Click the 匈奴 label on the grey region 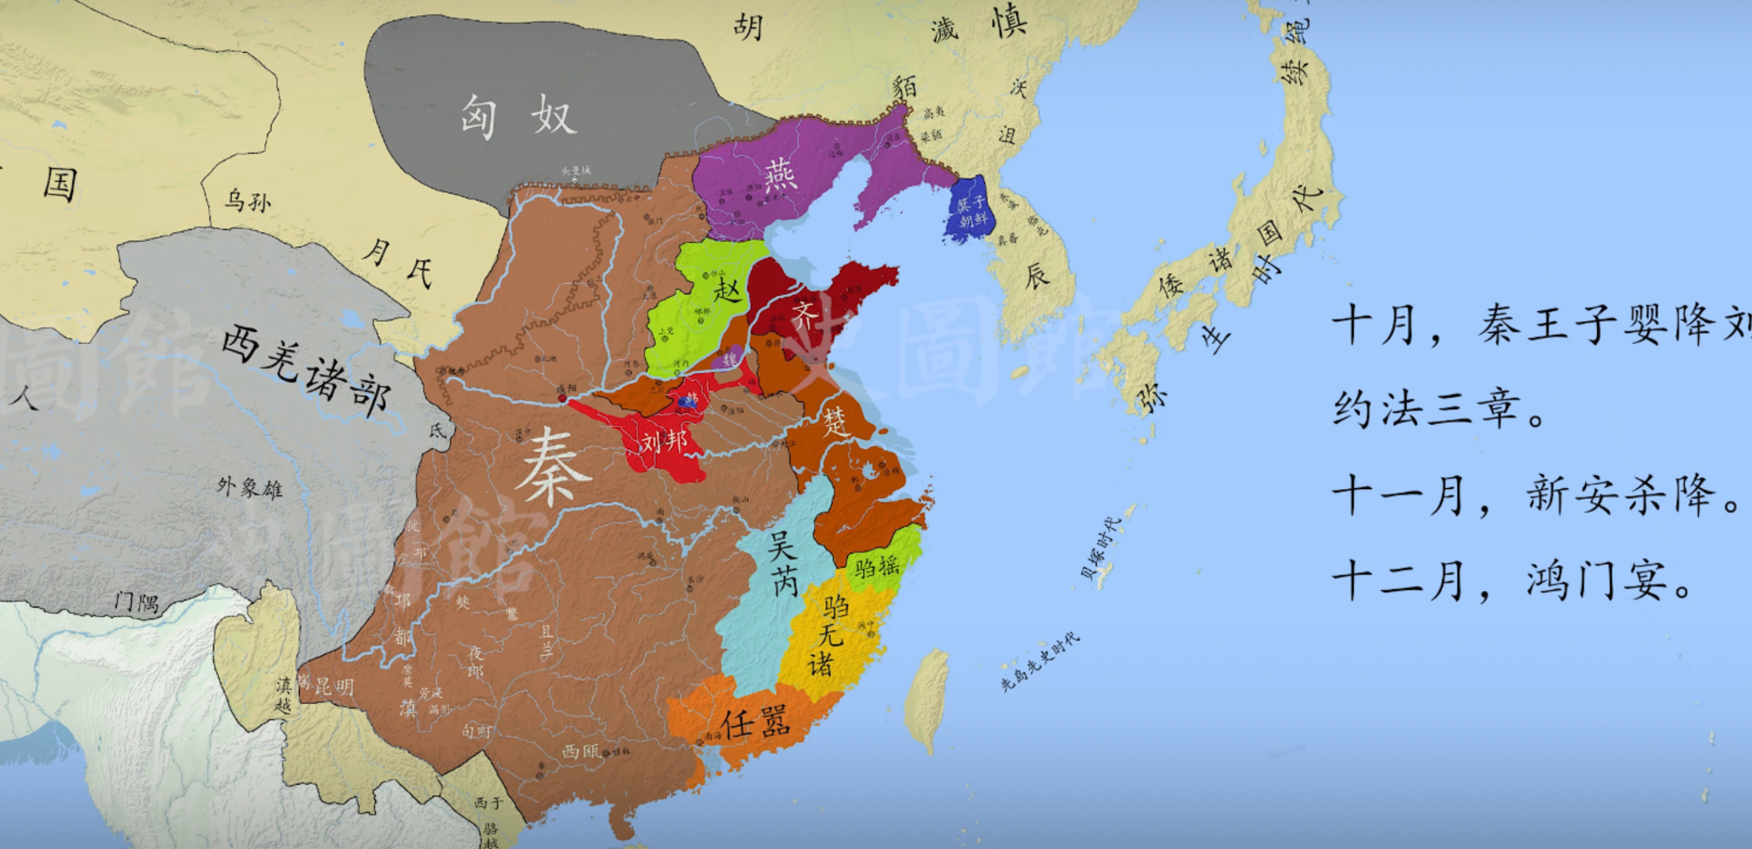click(518, 116)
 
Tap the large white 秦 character click(551, 469)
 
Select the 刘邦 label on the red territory click(663, 443)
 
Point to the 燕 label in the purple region click(780, 176)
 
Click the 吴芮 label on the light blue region click(782, 563)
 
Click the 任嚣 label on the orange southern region click(755, 722)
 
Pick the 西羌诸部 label click(306, 371)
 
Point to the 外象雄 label click(249, 487)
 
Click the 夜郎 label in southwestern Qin click(476, 661)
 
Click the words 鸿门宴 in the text click(1607, 581)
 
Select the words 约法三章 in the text click(1428, 410)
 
